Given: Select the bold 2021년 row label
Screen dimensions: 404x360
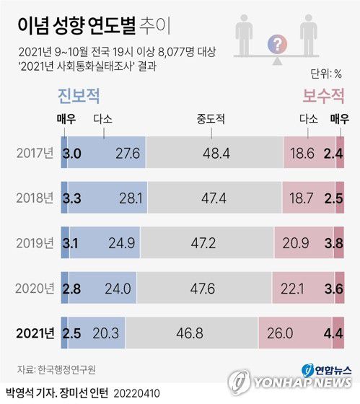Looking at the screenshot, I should click(x=35, y=333).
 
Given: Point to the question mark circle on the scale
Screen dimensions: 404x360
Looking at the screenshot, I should click(x=276, y=45).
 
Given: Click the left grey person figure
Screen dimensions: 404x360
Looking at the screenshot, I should click(x=245, y=38).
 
